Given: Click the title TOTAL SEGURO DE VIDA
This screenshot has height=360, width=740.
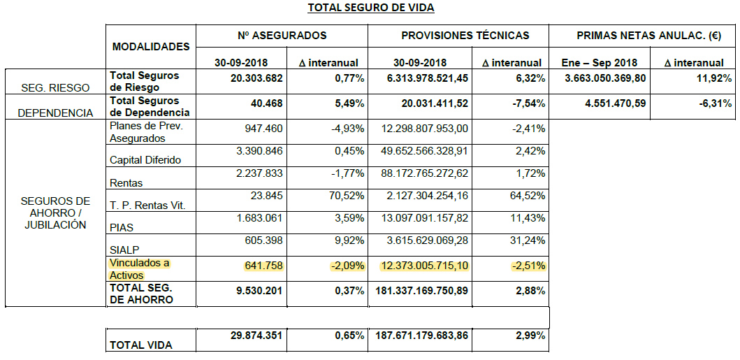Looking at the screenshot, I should point(370,8).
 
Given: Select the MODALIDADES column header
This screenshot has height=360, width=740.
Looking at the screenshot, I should point(151,47).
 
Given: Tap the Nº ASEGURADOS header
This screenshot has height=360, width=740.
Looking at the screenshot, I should point(282,35).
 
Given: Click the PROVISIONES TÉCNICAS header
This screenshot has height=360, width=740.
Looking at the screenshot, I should point(465,35).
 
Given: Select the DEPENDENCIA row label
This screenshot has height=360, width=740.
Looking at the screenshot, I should point(55,113).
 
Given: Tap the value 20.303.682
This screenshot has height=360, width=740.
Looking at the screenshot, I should point(256,78).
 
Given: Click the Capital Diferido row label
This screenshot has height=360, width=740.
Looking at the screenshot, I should point(145,160).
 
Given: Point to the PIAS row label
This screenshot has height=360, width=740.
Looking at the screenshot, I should point(122,227).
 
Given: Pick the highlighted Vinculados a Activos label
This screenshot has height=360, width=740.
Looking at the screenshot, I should point(140,270).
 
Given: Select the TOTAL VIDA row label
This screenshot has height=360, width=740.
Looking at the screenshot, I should point(140,345).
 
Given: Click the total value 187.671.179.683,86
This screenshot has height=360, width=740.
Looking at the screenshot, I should point(421,336).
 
